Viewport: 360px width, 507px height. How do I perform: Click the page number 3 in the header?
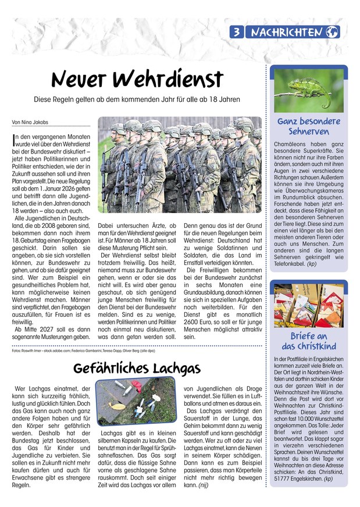point(238,32)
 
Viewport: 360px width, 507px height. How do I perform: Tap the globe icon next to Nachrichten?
point(333,32)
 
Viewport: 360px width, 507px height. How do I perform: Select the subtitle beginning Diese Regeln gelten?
point(137,99)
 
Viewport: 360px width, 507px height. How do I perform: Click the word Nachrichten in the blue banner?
point(286,32)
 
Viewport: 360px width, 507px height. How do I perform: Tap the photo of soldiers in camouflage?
point(179,165)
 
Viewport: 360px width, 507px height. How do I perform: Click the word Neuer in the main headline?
point(86,79)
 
